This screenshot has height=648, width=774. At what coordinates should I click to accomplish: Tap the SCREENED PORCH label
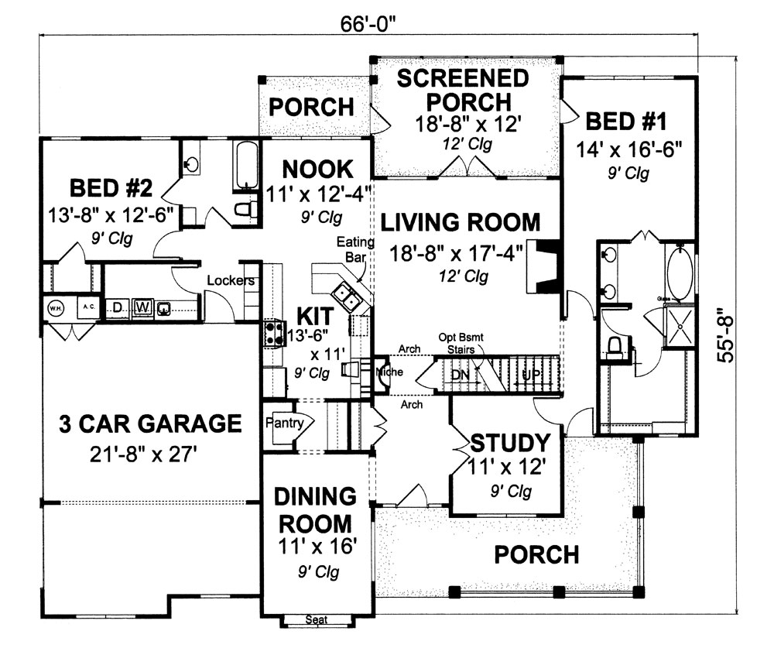[464, 90]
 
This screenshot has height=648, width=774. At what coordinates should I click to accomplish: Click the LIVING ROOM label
[461, 223]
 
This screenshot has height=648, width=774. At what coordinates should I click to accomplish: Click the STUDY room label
[510, 444]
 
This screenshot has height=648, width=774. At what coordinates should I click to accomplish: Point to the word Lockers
[230, 281]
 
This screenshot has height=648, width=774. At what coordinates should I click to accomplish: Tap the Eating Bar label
[355, 250]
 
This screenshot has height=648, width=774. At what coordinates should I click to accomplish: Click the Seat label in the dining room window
[314, 620]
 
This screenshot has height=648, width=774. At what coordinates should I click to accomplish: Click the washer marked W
[143, 307]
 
